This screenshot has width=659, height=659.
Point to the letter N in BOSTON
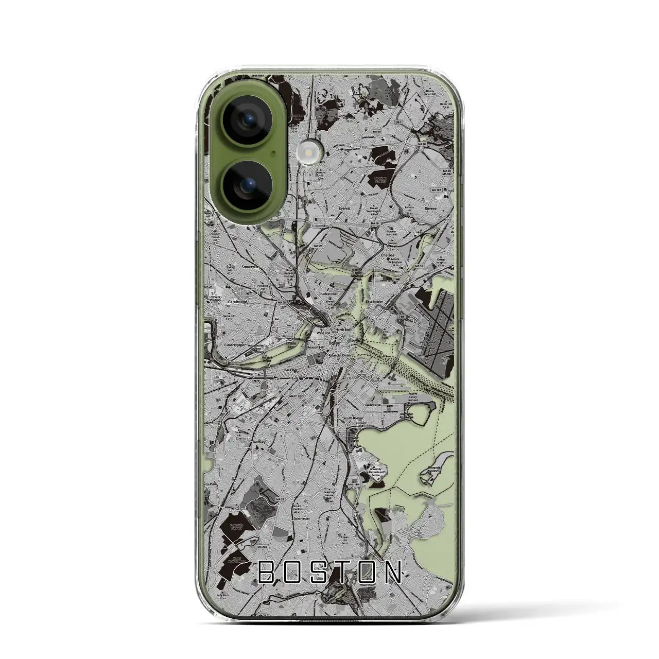(x=392, y=571)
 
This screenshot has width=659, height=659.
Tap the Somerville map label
(x=251, y=267)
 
